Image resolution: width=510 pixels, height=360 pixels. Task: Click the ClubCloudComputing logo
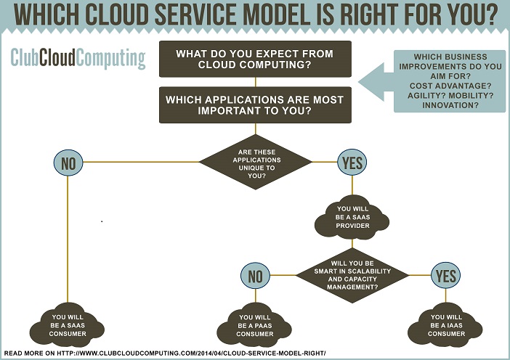pos(78,59)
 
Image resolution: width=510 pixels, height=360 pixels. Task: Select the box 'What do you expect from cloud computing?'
pos(255,59)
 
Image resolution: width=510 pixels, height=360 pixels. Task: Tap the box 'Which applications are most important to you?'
pos(255,105)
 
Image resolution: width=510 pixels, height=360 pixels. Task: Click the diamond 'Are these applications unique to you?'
pos(256,162)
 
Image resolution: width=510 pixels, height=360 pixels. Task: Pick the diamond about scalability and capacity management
pos(352,275)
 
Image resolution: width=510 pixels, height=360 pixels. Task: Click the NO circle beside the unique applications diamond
pos(68,163)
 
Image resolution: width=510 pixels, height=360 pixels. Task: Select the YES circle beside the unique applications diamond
pos(352,162)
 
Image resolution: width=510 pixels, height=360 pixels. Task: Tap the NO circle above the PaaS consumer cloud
pos(255,276)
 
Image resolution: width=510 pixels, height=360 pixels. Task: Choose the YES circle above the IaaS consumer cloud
pos(445,275)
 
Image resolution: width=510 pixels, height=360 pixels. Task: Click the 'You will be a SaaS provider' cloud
pos(352,217)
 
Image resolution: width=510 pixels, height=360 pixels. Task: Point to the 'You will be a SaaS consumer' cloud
pos(68,325)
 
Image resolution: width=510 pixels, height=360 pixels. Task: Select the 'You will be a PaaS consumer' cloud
pos(255,325)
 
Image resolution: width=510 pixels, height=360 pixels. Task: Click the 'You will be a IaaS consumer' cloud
pos(445,325)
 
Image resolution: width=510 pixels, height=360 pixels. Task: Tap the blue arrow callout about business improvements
pos(432,81)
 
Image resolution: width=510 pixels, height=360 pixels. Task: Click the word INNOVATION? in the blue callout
pos(450,105)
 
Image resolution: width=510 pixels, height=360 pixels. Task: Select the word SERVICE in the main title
pos(199,15)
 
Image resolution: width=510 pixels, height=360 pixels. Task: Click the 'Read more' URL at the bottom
pos(165,353)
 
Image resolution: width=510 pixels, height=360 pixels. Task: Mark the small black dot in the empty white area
pos(102,221)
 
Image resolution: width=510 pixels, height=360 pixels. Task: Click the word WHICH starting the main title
pos(46,15)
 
